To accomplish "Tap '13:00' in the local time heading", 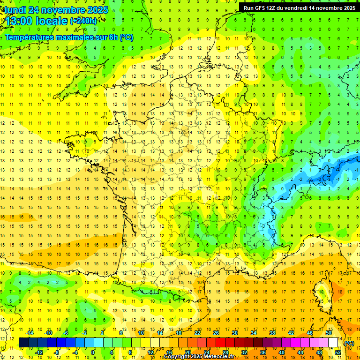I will click(19, 21).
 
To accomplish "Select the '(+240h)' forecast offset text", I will click(83, 21).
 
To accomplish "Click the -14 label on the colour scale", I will click(30, 333).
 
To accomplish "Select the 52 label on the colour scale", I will click(338, 352).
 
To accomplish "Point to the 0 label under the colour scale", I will click(93, 352).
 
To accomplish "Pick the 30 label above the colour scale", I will click(234, 333).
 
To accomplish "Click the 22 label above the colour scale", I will click(197, 333).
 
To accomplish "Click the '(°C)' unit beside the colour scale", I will click(349, 343).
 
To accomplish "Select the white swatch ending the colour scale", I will click(333, 343).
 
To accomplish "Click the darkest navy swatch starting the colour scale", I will click(23, 343).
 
